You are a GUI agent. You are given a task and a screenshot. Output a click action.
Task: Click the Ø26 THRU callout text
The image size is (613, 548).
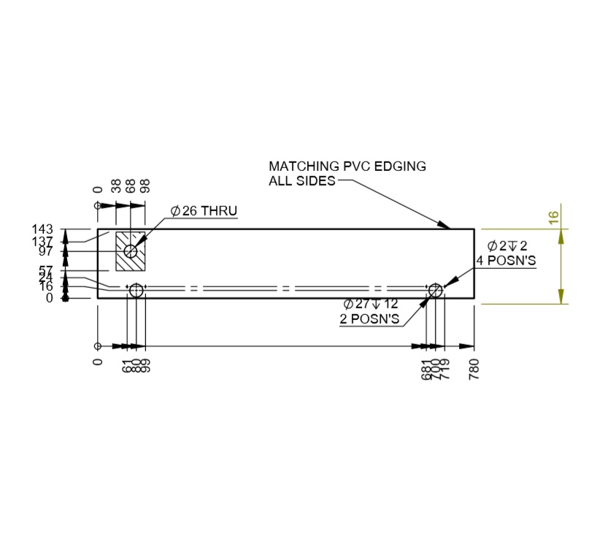pos(204,211)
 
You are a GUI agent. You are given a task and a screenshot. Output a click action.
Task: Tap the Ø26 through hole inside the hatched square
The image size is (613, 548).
pos(131,251)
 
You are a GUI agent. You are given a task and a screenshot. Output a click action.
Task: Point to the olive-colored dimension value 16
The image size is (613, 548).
pos(553,217)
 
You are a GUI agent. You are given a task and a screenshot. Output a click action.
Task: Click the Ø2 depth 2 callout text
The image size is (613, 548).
pos(507,245)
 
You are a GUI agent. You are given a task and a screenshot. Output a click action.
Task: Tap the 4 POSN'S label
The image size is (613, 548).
pos(507,259)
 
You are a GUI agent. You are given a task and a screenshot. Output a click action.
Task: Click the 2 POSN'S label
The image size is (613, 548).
pos(371,319)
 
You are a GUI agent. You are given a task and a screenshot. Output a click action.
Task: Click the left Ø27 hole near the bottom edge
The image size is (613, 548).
pos(136,291)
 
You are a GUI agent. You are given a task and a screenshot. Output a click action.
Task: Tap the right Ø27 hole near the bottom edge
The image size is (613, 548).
pos(435,291)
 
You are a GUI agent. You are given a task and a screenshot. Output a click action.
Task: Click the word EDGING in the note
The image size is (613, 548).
pos(401,166)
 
